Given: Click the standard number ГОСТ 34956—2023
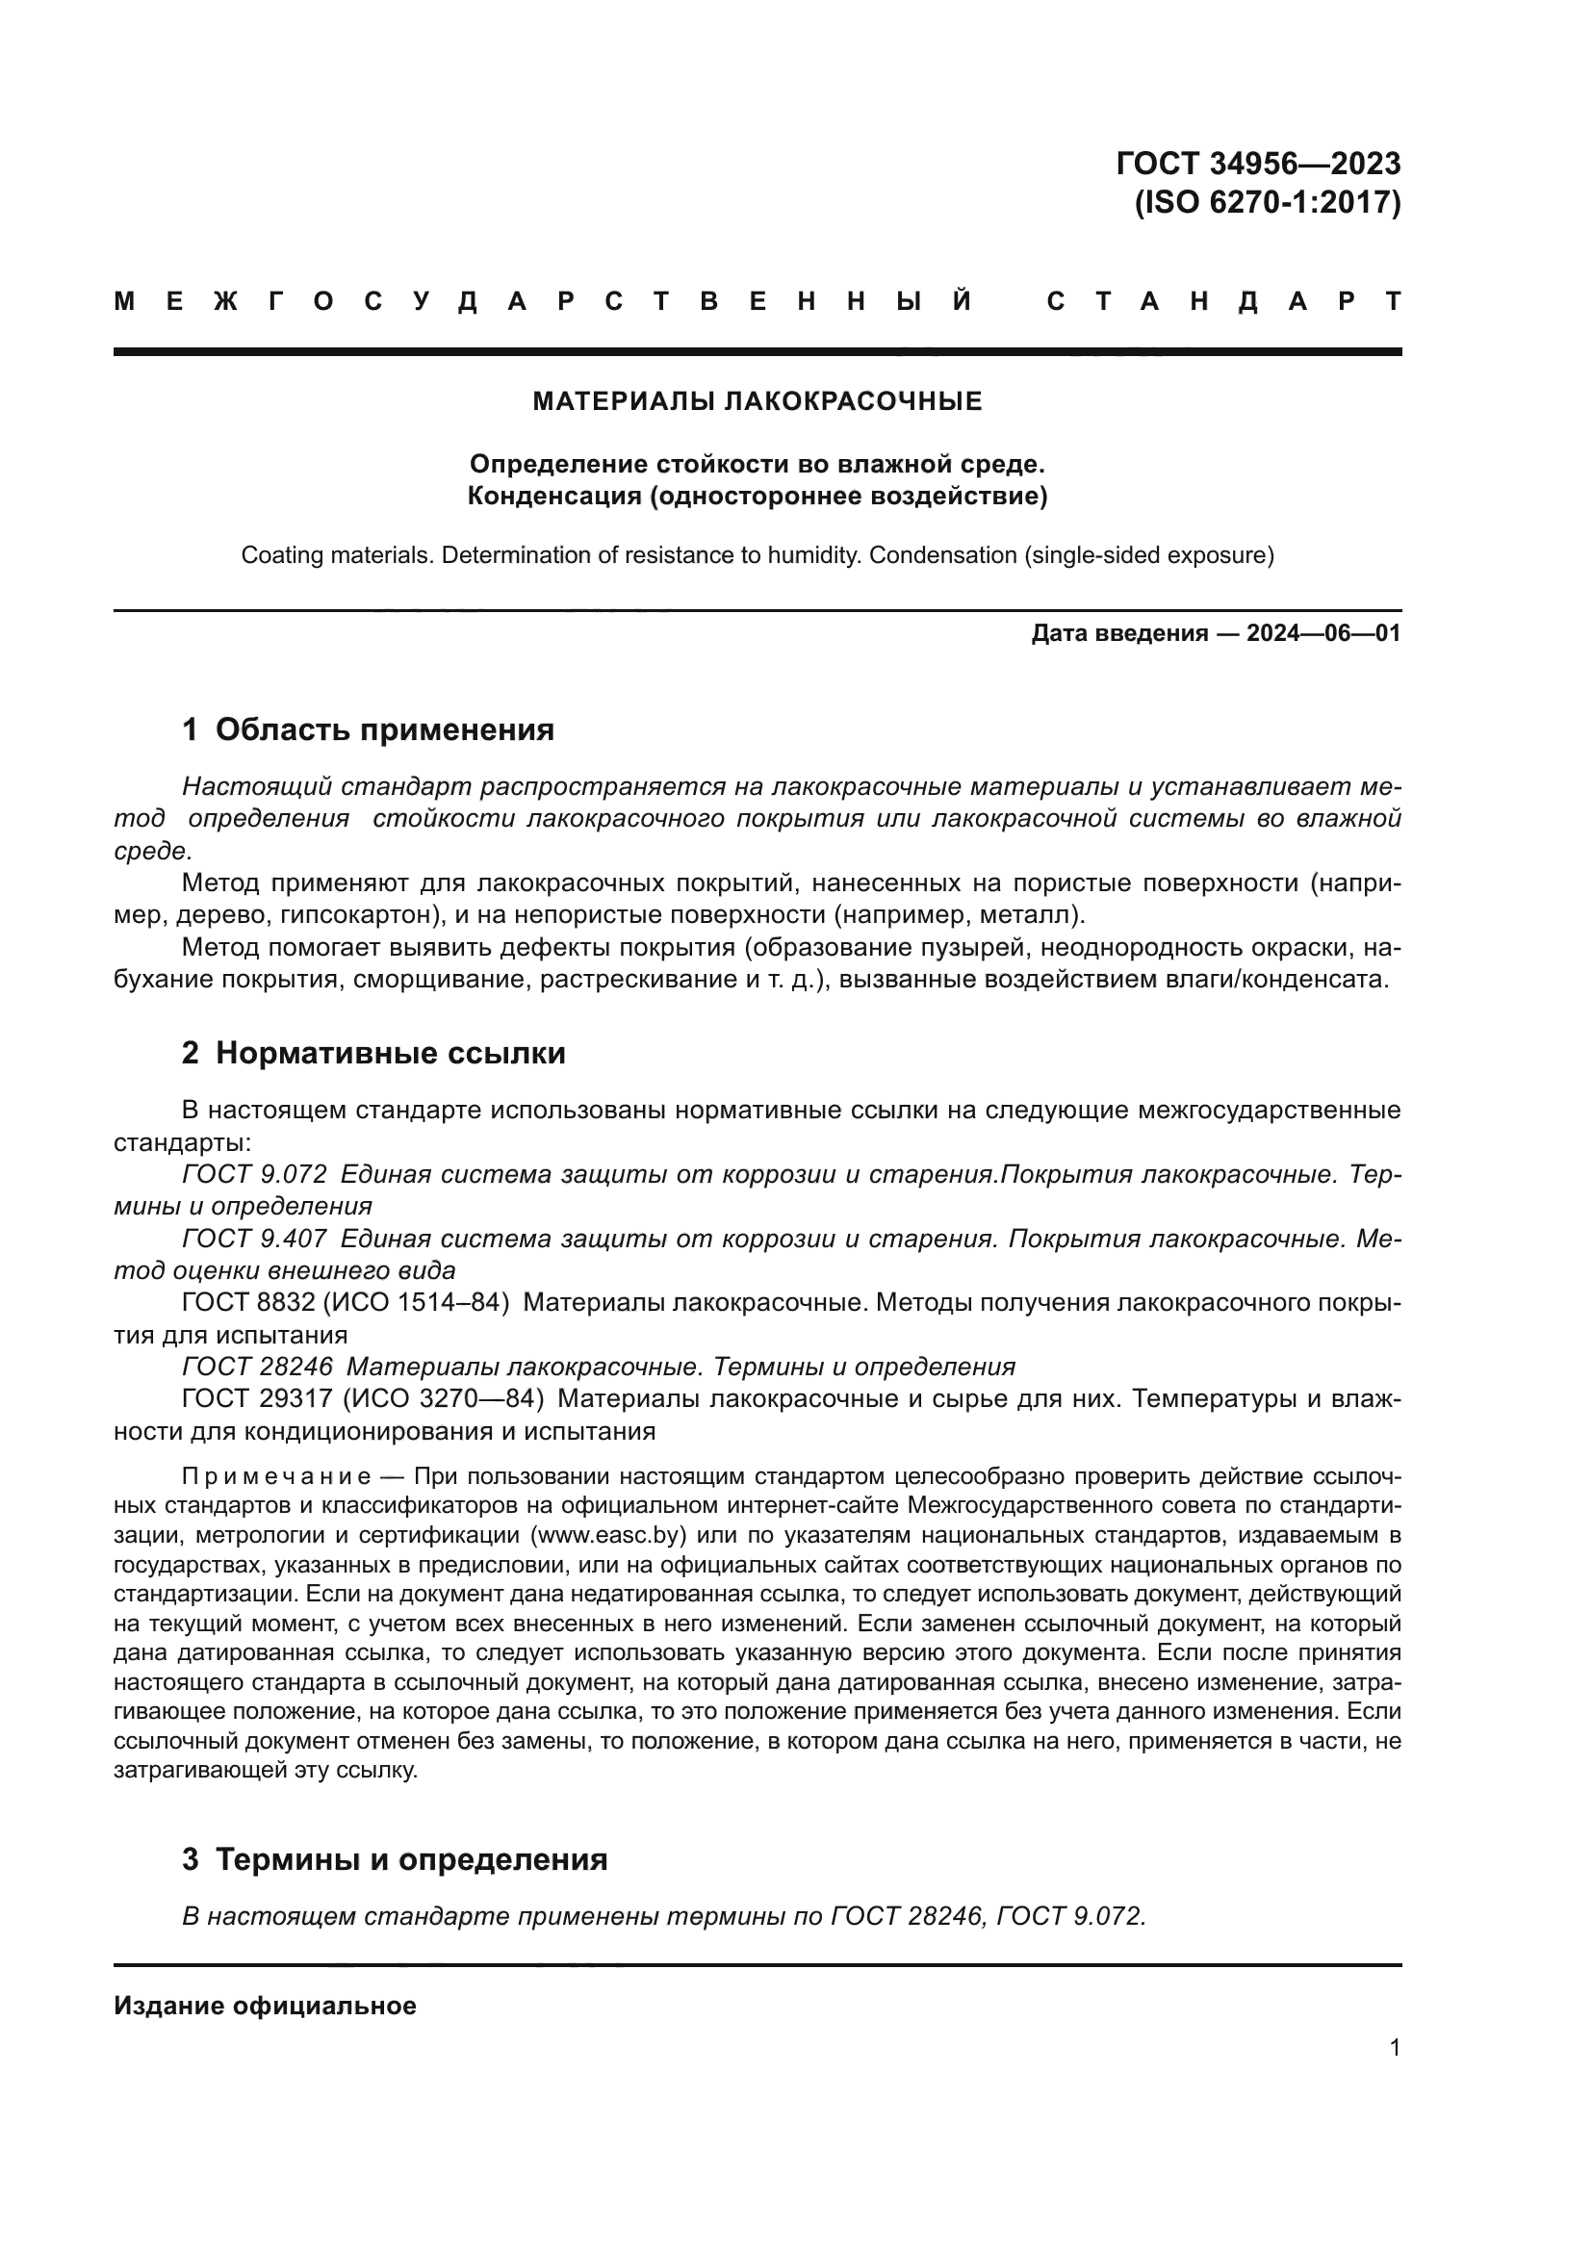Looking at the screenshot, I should click(x=1258, y=164).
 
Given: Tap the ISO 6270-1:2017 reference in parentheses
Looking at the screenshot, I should click(x=1268, y=203).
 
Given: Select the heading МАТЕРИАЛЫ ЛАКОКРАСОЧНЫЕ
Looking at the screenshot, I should click(x=757, y=401).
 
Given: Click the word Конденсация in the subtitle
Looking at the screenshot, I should click(x=552, y=496).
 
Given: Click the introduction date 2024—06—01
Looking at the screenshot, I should click(x=1322, y=633).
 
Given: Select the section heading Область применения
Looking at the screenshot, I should click(x=384, y=730).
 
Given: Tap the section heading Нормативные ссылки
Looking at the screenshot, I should click(x=390, y=1054).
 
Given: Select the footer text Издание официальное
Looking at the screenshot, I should click(x=265, y=2006).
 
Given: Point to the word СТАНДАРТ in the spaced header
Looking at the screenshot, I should click(x=1224, y=301).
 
